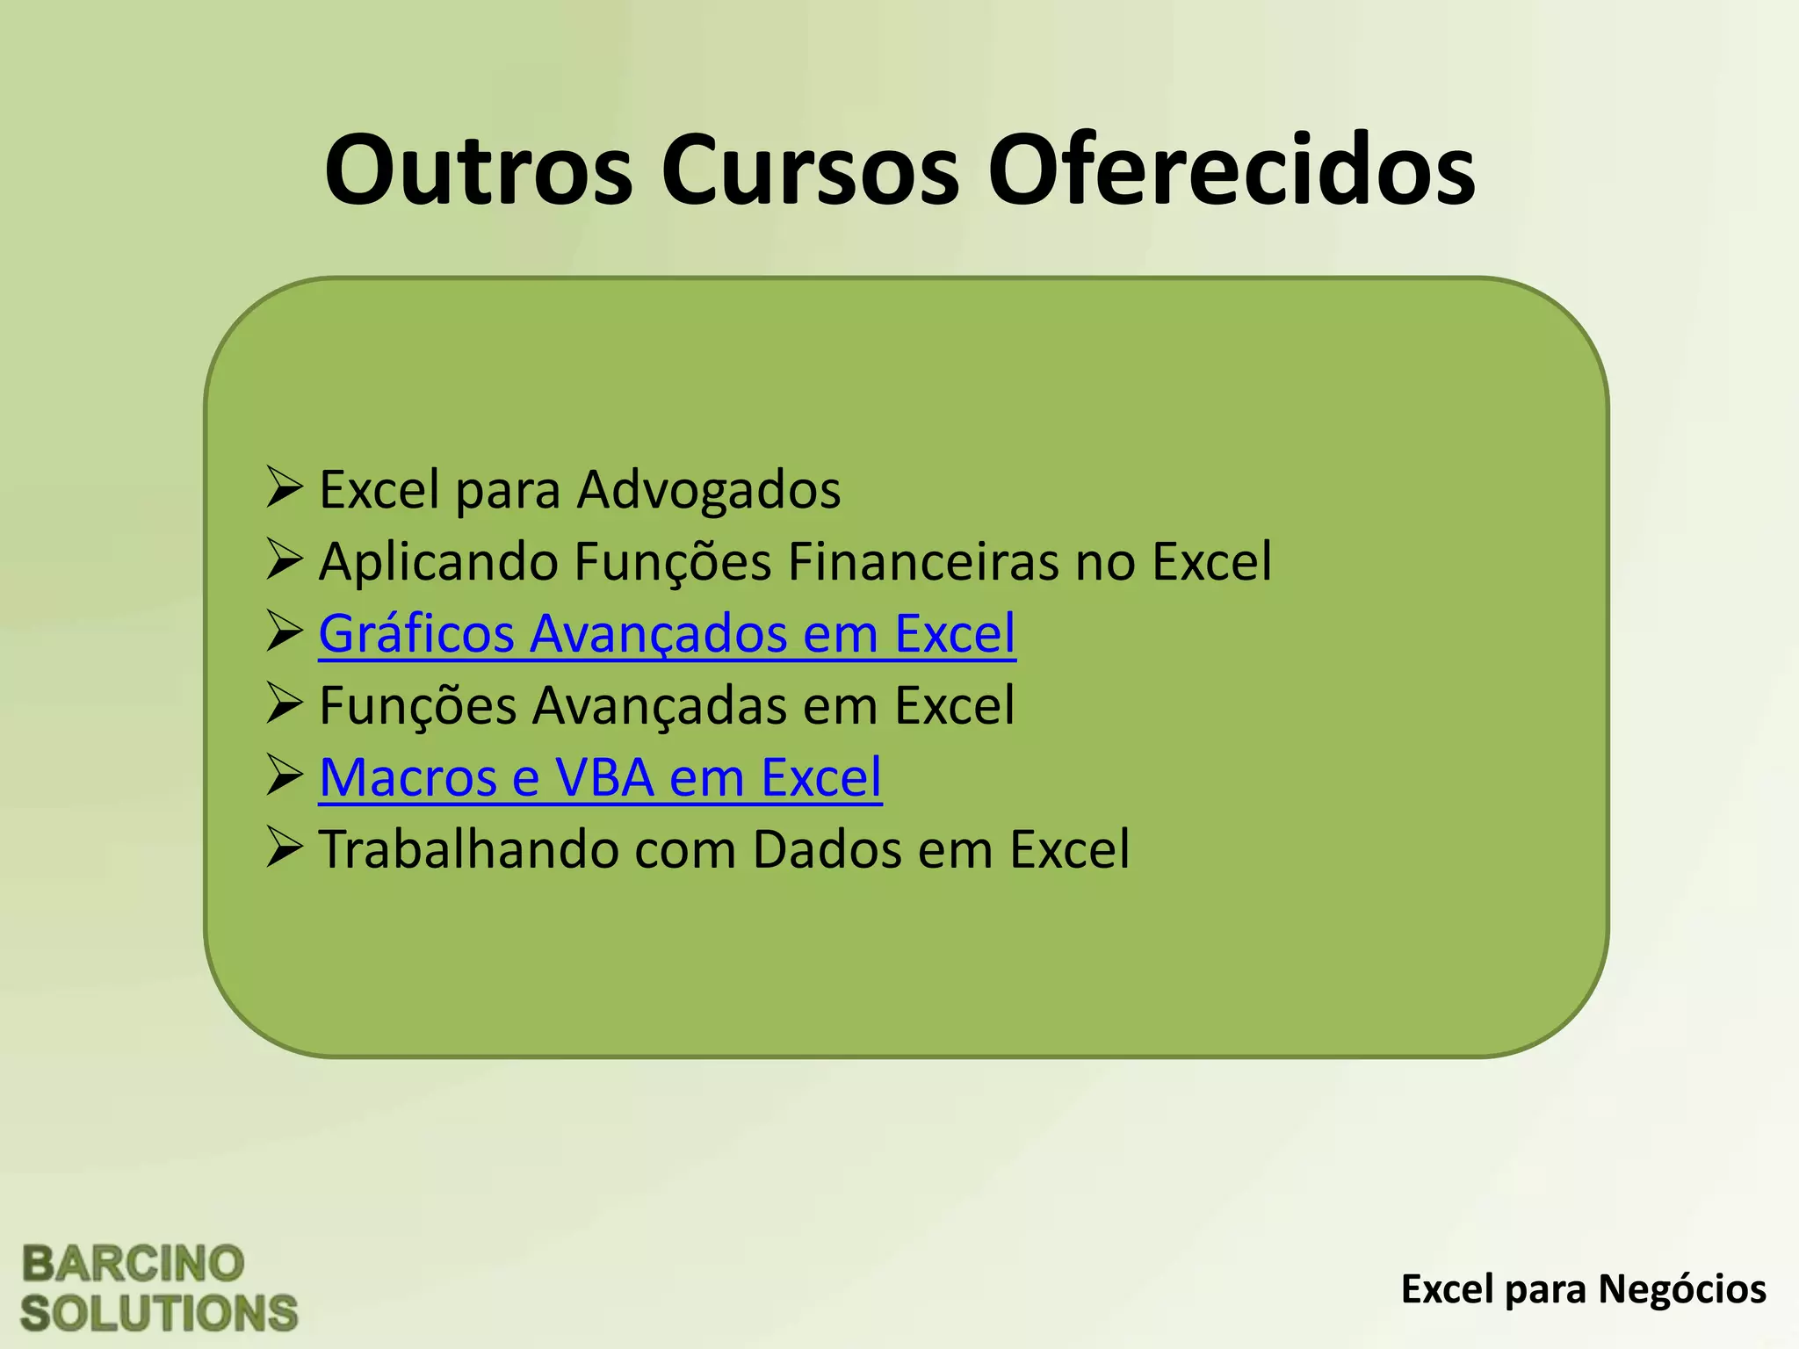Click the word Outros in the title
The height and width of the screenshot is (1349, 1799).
pos(479,171)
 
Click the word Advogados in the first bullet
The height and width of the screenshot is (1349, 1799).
pos(708,490)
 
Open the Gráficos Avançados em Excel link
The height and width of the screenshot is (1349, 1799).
pos(667,634)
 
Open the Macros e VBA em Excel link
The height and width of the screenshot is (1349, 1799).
pos(600,778)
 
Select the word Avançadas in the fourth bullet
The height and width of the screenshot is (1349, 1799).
pos(660,706)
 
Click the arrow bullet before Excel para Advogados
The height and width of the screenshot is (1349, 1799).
pos(285,488)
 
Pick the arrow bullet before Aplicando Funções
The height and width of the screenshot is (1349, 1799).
pos(285,560)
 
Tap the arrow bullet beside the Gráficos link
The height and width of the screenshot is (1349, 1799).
pos(285,632)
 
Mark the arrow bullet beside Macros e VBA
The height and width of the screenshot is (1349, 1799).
pos(285,776)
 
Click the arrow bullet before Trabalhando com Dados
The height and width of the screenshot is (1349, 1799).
pos(285,848)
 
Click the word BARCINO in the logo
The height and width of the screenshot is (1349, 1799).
pos(133,1265)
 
